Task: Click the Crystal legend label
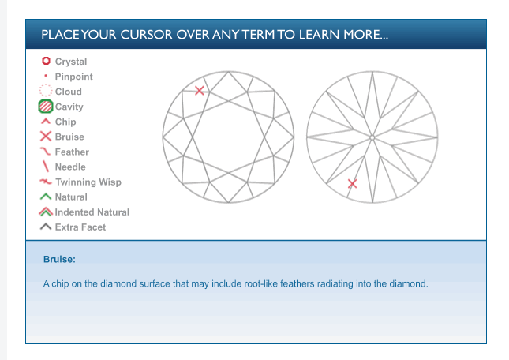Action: [x=71, y=62]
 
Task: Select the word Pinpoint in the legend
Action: [x=73, y=77]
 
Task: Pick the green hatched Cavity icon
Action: [x=46, y=107]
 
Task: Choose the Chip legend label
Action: [x=65, y=122]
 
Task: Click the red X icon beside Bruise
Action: [x=46, y=137]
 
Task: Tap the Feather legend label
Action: [x=72, y=152]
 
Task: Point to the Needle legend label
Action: [x=70, y=167]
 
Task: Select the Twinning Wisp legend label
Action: [x=88, y=182]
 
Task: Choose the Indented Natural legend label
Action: [x=92, y=212]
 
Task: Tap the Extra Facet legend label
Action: [x=80, y=227]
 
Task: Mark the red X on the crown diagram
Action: [x=200, y=91]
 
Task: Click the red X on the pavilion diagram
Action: [x=352, y=184]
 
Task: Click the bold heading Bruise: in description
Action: [x=59, y=260]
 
